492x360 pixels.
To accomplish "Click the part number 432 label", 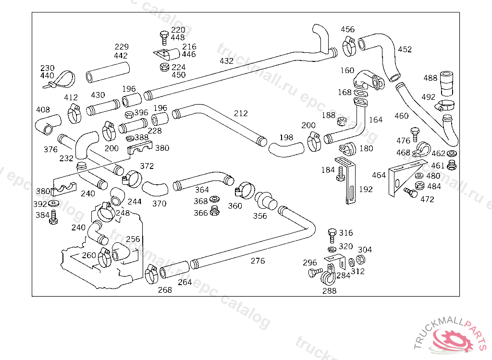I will pyautogui.click(x=226, y=61).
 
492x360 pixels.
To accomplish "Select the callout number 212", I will pyautogui.click(x=241, y=113).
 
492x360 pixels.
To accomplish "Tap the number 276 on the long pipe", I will pyautogui.click(x=258, y=261).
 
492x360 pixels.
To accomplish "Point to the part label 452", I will pyautogui.click(x=405, y=49).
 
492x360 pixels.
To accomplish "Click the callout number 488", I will pyautogui.click(x=430, y=78).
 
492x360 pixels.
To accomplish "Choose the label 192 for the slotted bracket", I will pyautogui.click(x=366, y=189).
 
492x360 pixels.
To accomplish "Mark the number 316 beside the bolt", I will pyautogui.click(x=346, y=233).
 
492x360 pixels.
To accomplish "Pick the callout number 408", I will pyautogui.click(x=43, y=109).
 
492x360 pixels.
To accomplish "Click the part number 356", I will pyautogui.click(x=259, y=216).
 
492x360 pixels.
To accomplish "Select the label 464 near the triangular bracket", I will pyautogui.click(x=379, y=175).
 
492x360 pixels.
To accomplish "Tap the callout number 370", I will pyautogui.click(x=159, y=204).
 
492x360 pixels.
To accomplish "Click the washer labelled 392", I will pyautogui.click(x=54, y=204).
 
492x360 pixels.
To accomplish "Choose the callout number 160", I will pyautogui.click(x=347, y=71).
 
